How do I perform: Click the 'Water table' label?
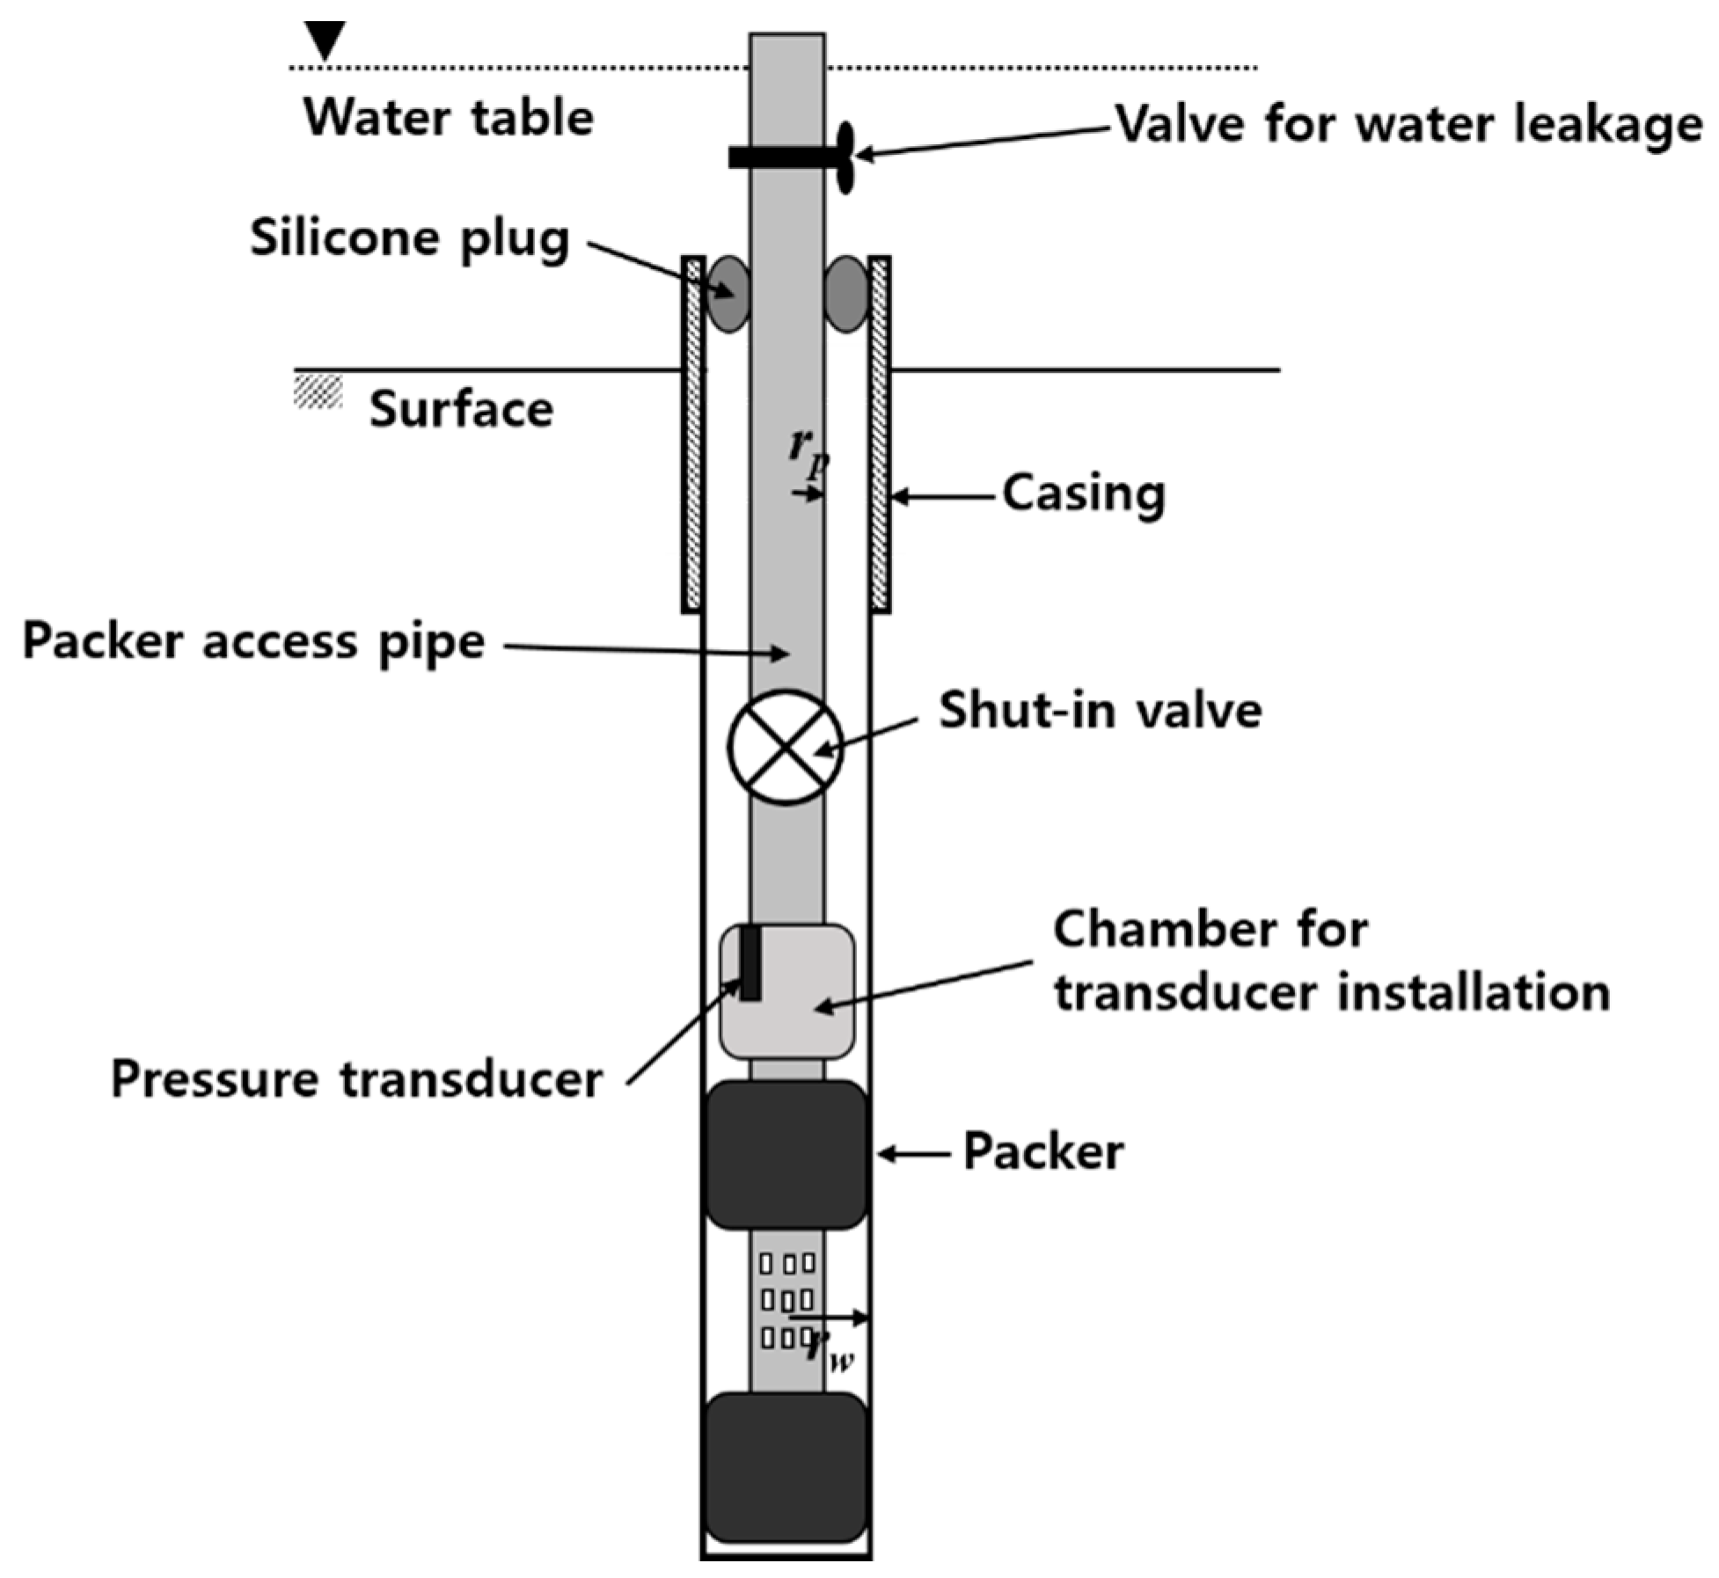coord(449,117)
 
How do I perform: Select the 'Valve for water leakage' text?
coord(1408,124)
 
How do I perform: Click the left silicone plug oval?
coord(729,295)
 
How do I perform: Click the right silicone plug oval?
coord(846,295)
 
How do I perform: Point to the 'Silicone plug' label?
coord(410,238)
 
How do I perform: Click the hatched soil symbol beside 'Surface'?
coord(318,391)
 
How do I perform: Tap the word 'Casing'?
coord(1084,494)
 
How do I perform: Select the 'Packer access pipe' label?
coord(253,641)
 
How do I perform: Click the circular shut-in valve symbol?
coord(786,747)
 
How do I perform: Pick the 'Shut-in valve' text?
coord(1100,710)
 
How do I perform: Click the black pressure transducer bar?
coord(750,962)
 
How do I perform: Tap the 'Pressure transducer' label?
coord(356,1078)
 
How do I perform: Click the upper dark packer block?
coord(786,1154)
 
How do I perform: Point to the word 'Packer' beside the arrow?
coord(1043,1152)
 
